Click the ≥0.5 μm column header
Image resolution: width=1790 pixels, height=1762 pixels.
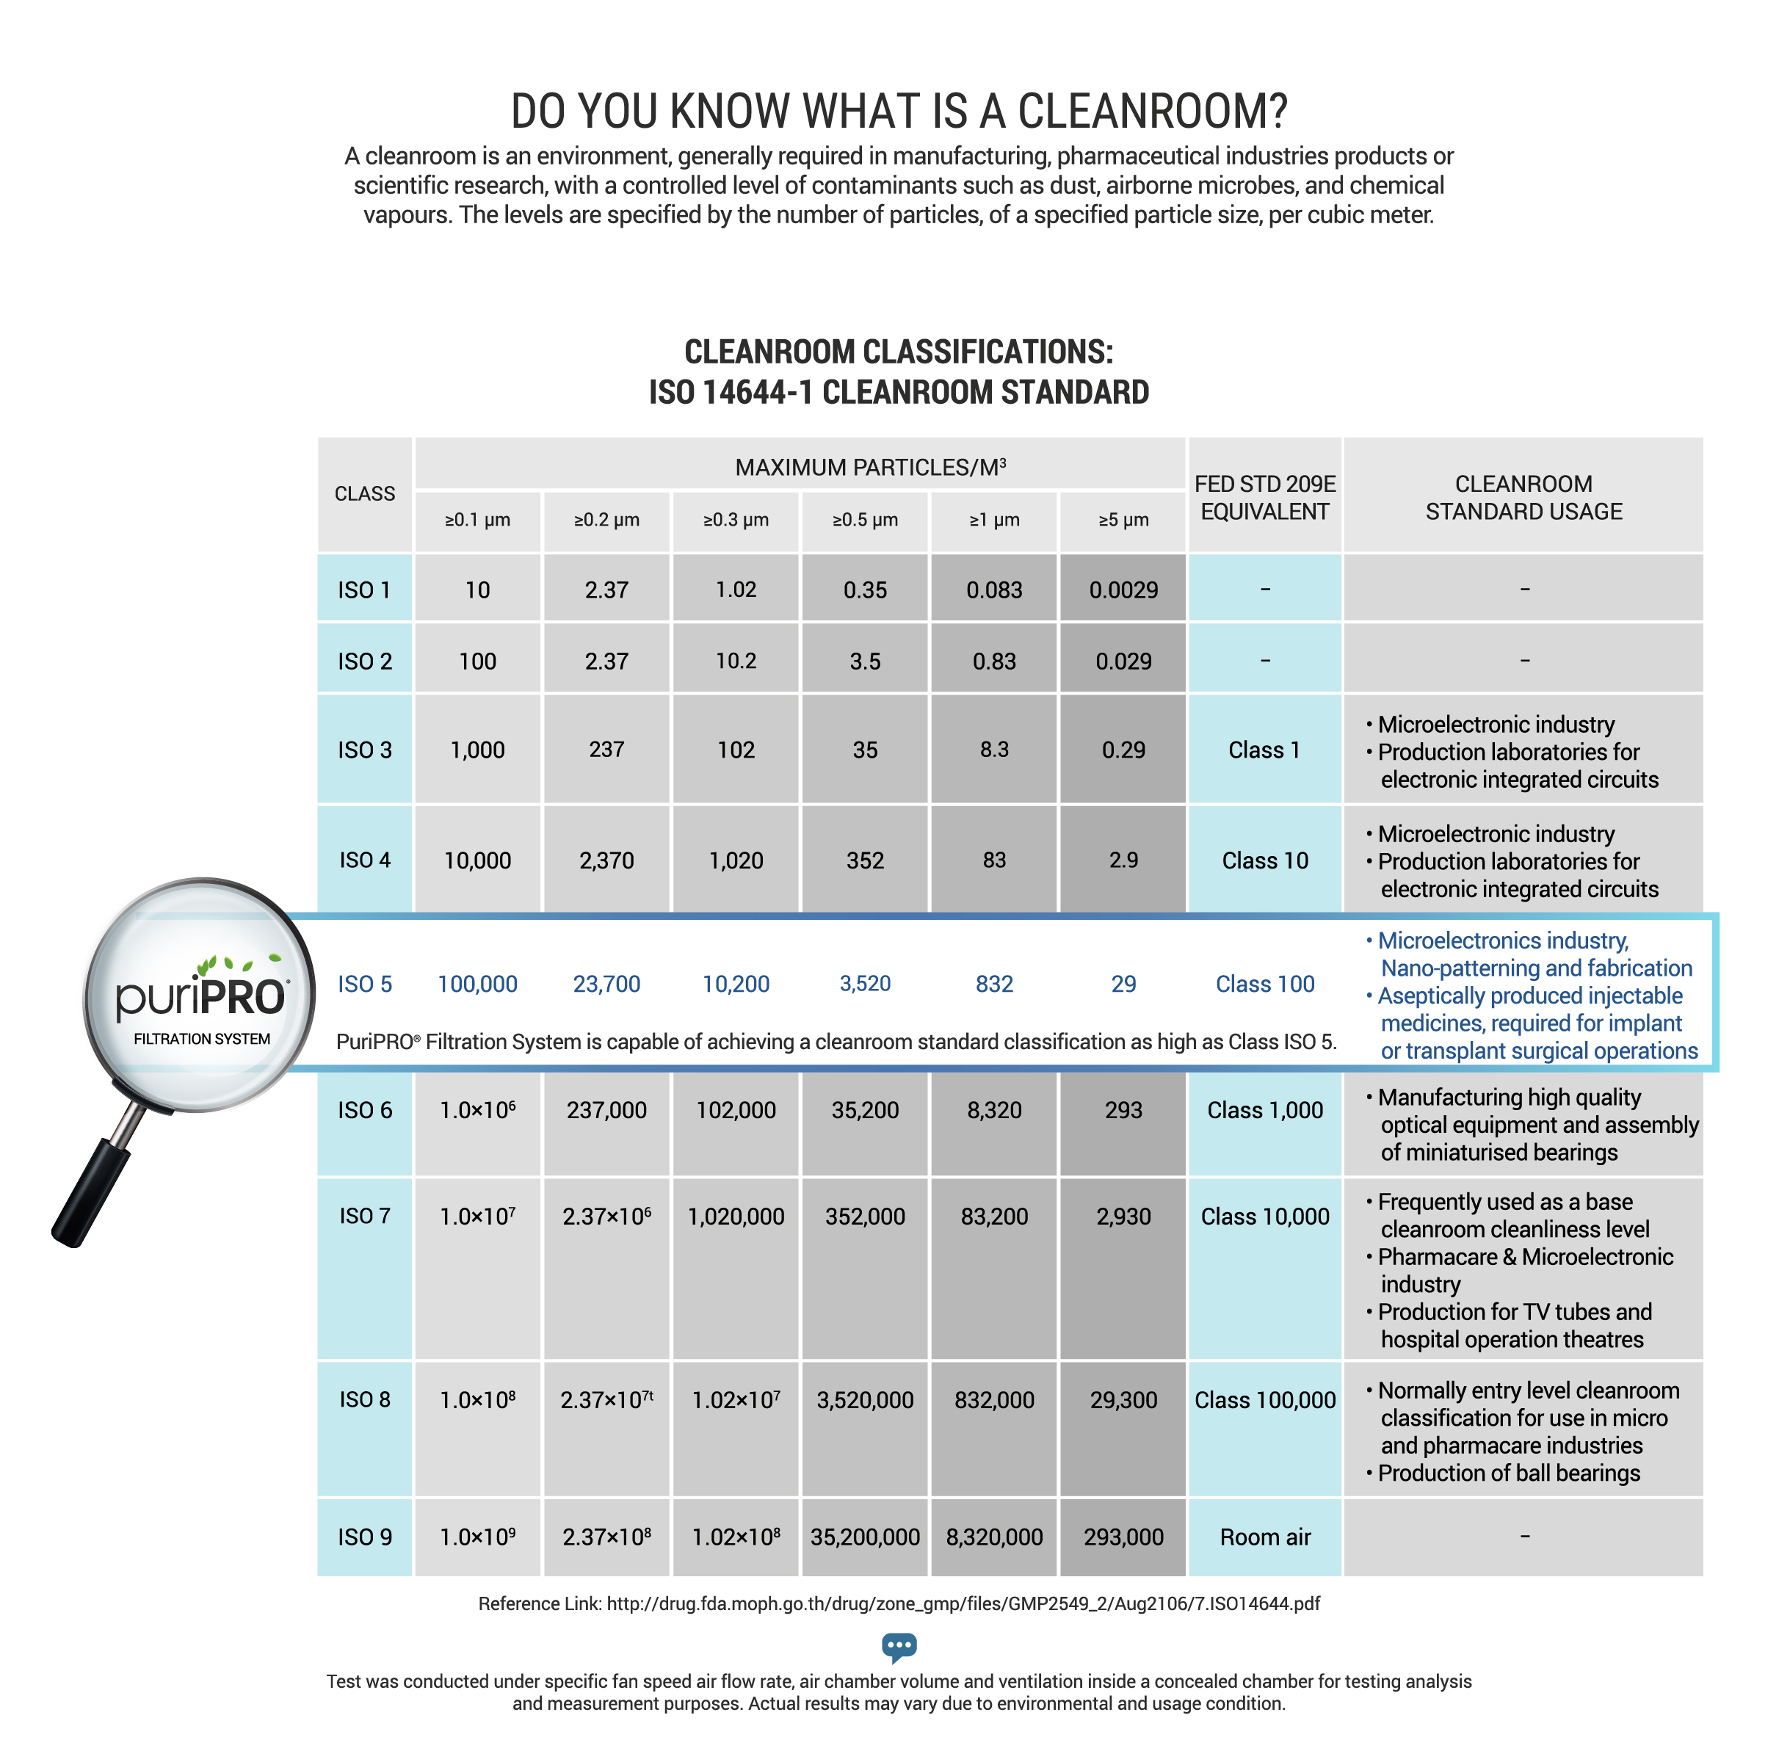(863, 520)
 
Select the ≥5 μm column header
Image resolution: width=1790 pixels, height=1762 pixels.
(1123, 520)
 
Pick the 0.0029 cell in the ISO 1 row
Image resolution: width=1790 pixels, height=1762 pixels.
(1123, 590)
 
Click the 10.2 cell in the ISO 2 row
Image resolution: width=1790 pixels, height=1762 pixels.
(735, 661)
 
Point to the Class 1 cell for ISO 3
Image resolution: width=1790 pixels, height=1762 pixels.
(1264, 750)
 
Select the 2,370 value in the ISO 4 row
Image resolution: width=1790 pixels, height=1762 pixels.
(606, 860)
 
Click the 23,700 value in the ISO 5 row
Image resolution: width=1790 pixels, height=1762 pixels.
(606, 984)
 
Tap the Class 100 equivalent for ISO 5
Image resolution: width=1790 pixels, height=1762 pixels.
(1264, 984)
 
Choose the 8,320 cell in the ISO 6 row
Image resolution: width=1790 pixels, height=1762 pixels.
(994, 1109)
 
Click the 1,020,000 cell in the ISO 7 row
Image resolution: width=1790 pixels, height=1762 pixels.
(735, 1216)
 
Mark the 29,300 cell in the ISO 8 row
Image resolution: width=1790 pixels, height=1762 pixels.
(1123, 1399)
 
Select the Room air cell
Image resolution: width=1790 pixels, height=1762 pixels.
(1264, 1537)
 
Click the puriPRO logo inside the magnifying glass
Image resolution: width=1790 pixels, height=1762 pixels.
(201, 998)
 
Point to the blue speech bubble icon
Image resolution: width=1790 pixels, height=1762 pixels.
(898, 1646)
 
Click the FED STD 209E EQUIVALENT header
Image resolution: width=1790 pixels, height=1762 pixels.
(1264, 498)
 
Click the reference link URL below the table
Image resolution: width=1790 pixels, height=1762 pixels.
(963, 1603)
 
